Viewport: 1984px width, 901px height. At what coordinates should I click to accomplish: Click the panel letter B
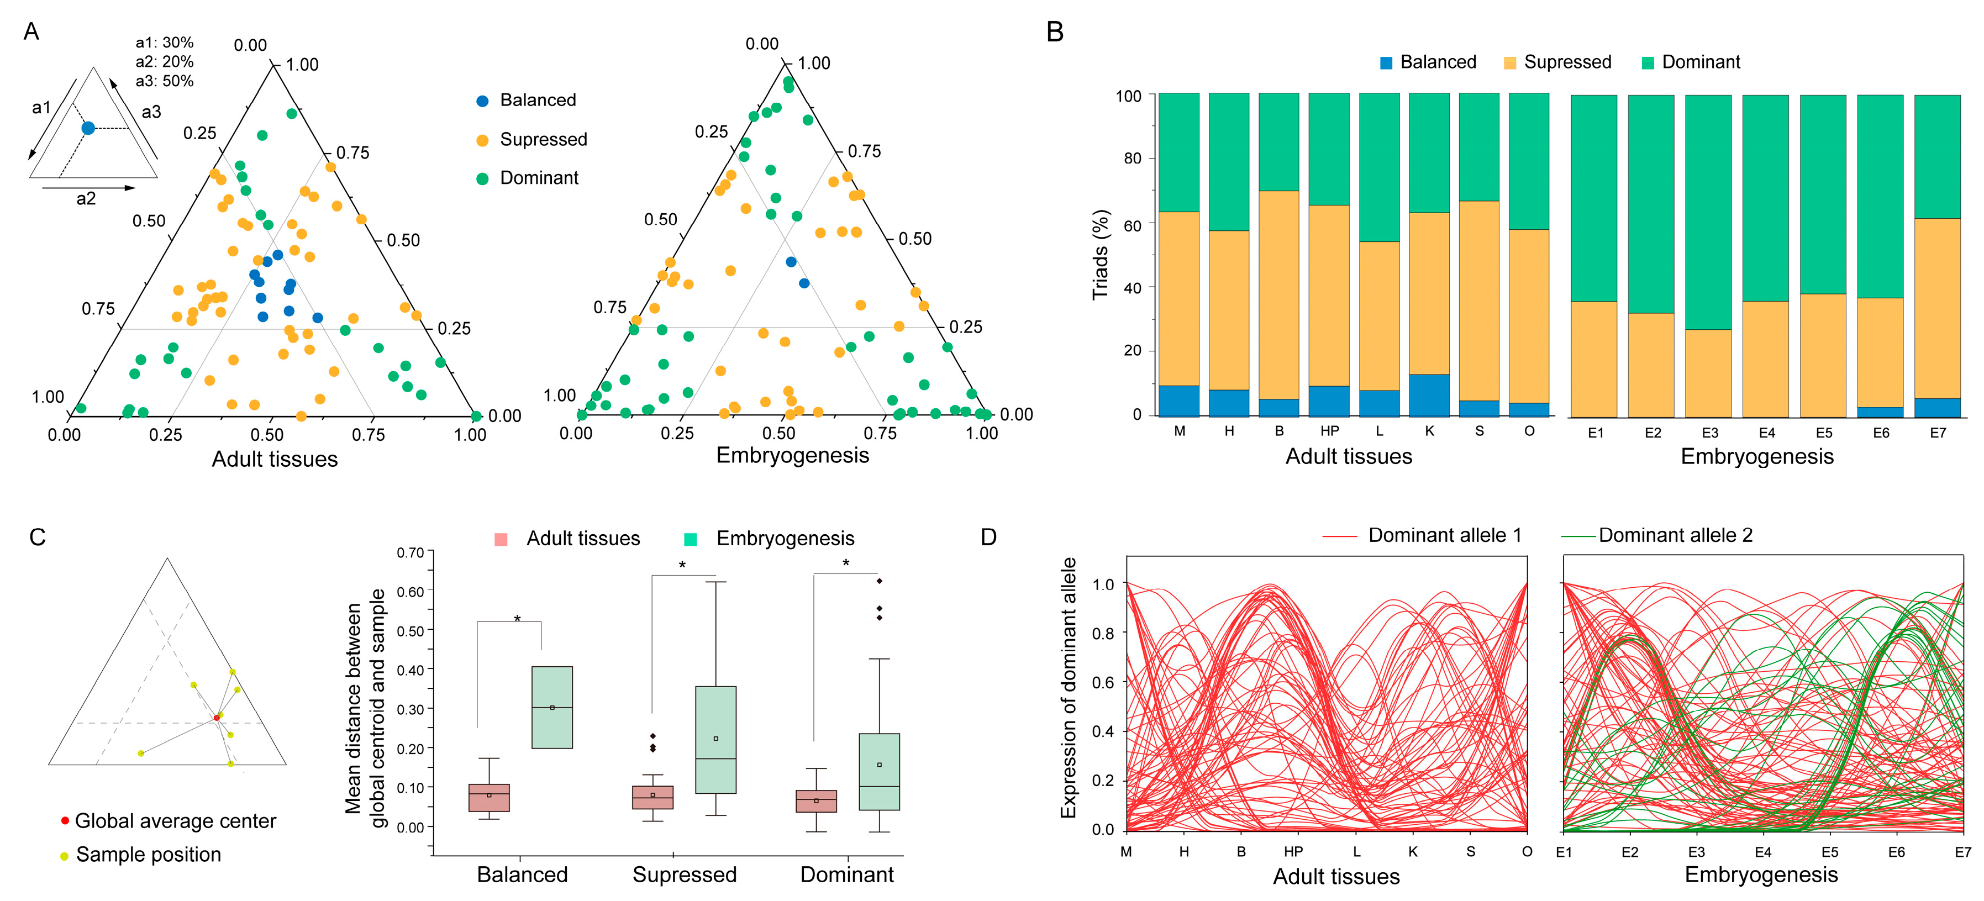[1055, 33]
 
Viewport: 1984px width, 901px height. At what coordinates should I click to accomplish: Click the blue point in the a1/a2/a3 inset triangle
[88, 128]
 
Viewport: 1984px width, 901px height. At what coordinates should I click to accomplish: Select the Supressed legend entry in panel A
[543, 139]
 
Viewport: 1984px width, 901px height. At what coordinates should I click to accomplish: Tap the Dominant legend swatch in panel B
[1648, 63]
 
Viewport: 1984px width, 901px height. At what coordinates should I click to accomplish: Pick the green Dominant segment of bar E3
[1708, 212]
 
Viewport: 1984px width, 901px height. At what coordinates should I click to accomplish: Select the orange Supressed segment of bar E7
[1937, 308]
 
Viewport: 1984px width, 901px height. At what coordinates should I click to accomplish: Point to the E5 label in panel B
[1824, 433]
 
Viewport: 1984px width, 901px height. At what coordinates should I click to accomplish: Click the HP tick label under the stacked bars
[1329, 431]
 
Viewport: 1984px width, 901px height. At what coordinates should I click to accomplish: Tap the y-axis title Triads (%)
[1100, 254]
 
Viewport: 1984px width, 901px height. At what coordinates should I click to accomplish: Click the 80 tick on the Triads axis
[1132, 159]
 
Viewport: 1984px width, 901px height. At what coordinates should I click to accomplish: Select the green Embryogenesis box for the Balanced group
[552, 707]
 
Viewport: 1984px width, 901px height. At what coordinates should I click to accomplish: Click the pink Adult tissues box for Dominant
[815, 801]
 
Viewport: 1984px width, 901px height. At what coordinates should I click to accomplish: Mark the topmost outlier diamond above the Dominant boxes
[880, 581]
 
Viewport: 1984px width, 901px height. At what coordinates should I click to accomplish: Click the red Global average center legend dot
[65, 821]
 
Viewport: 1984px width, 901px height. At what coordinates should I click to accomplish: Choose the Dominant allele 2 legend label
[1675, 535]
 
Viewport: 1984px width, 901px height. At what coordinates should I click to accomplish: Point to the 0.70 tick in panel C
[411, 552]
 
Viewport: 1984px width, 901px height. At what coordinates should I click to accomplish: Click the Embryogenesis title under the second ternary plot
[792, 455]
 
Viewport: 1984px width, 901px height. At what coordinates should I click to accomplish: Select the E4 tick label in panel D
[1763, 852]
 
